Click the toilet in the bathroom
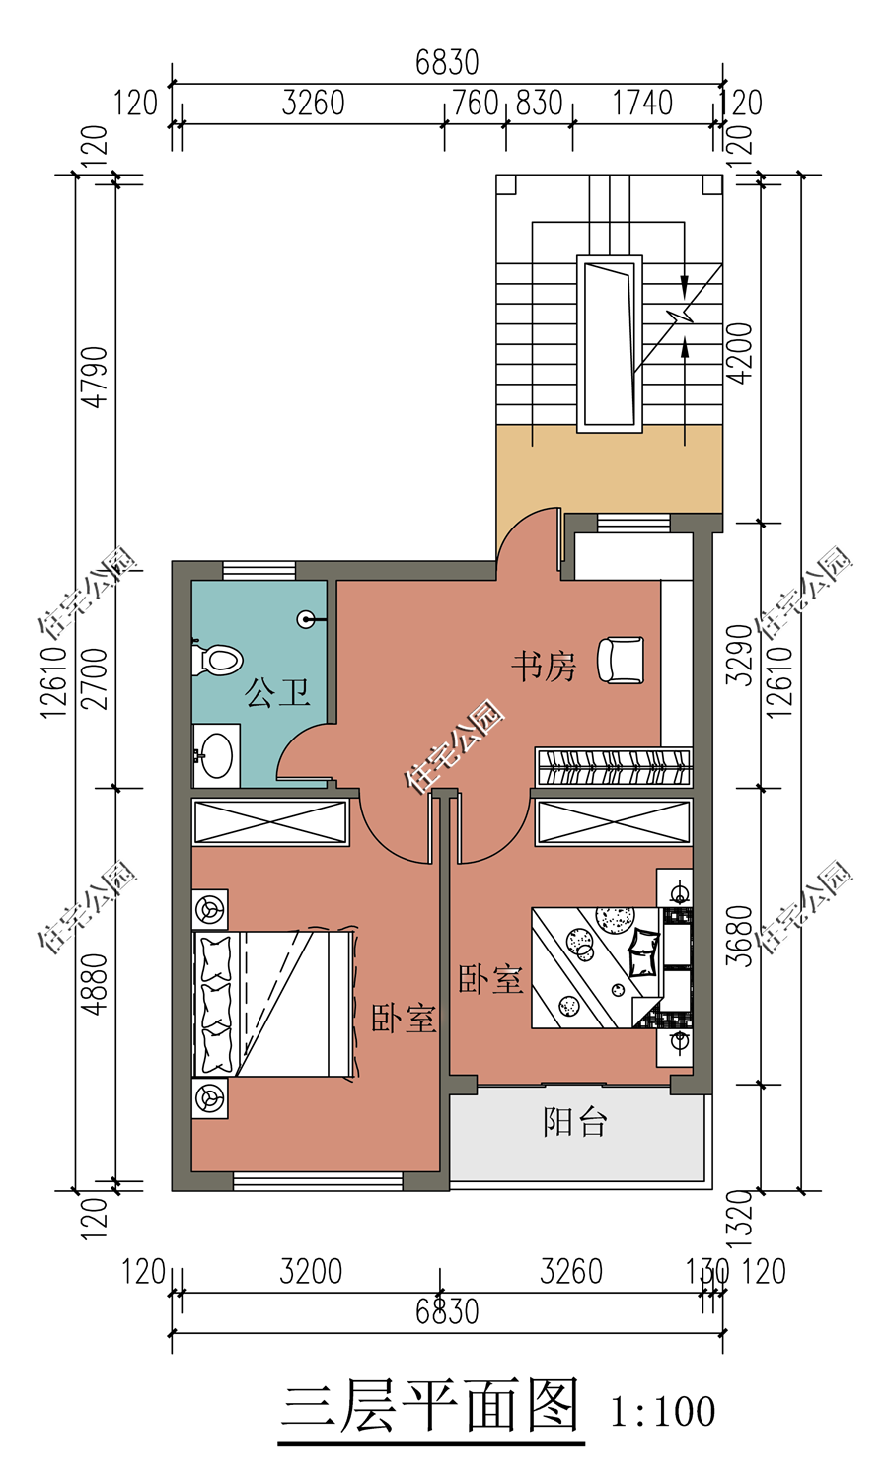pos(217,660)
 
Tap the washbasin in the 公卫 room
pos(215,756)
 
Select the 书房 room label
pos(544,667)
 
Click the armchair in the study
pos(621,660)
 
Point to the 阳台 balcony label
pos(574,1122)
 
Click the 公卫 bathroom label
pos(277,692)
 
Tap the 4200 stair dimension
pos(740,353)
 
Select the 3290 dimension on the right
pos(740,655)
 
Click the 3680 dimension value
pos(740,937)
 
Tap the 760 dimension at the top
pos(476,103)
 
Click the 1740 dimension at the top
pos(642,103)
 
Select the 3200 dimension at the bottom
pos(311,1272)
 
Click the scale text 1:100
pos(662,1411)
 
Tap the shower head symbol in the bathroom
pos(307,619)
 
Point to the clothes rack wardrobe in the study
pos(613,766)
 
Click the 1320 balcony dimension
pos(740,1218)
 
